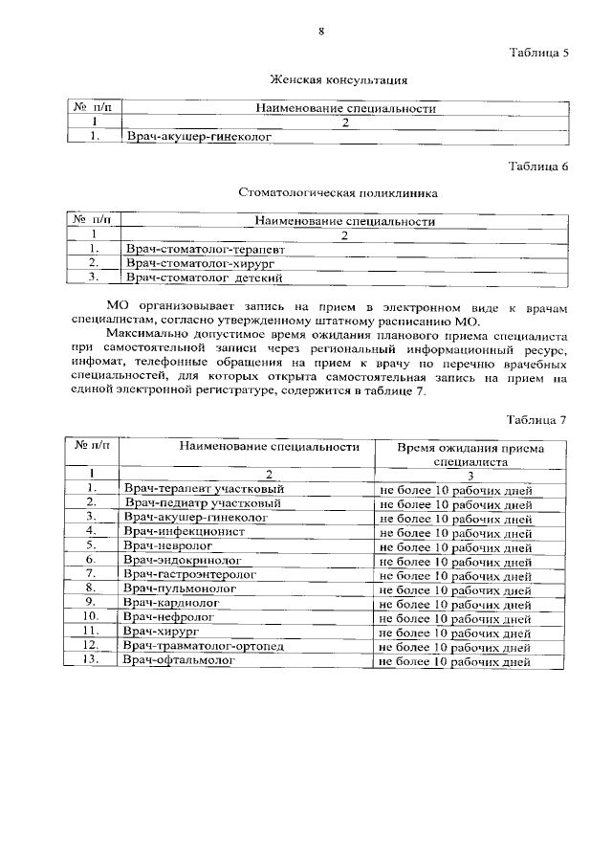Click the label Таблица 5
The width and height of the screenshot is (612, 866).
(538, 53)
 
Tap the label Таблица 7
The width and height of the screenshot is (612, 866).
(538, 420)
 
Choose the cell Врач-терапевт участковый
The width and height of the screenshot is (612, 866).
(205, 489)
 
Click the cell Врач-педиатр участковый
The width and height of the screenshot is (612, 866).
(202, 502)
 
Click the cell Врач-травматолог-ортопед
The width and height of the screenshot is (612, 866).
(204, 646)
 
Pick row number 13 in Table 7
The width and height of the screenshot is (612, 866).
(92, 660)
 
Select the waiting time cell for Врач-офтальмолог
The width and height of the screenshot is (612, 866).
(455, 661)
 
